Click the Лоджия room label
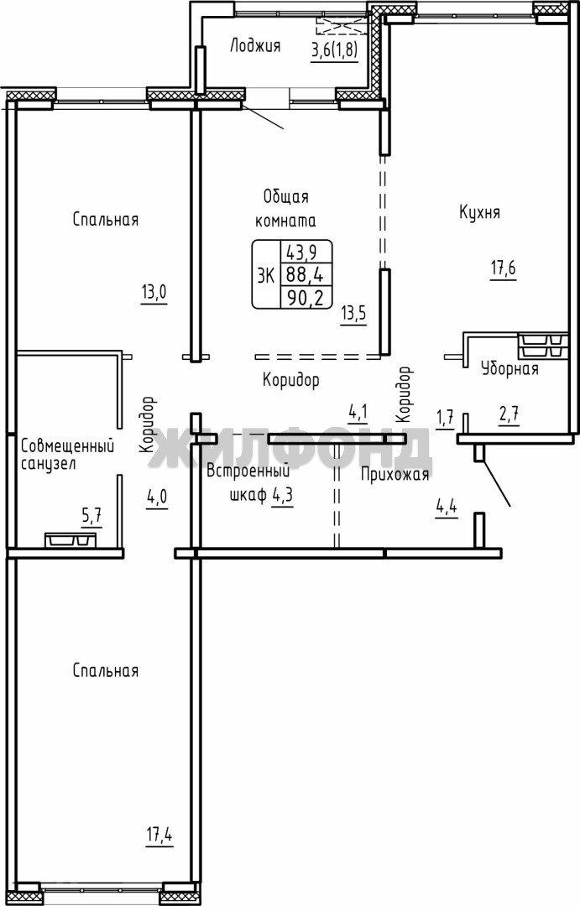[255, 46]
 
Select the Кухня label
[479, 212]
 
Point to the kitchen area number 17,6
[503, 269]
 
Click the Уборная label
[509, 368]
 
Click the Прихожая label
[395, 474]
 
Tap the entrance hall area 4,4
[447, 508]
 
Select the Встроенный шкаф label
[249, 483]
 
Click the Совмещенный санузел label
[67, 454]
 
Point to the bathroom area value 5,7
[91, 515]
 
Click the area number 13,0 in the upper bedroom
[154, 293]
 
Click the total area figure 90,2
[306, 297]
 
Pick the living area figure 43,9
[306, 253]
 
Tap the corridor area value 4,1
[358, 413]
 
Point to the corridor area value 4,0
[157, 497]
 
